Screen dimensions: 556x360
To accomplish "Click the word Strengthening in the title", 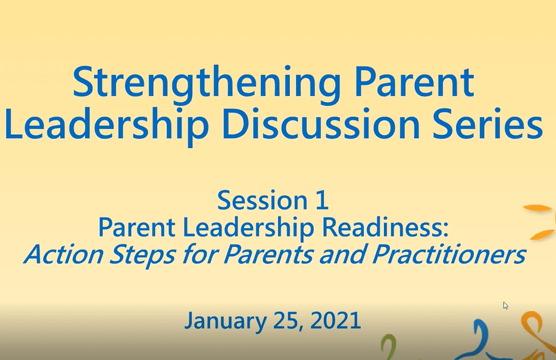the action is [206, 84].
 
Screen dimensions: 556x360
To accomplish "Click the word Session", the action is [262, 200].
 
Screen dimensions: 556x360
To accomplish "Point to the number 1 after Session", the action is [322, 200].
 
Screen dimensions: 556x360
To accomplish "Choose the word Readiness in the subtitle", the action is [385, 227].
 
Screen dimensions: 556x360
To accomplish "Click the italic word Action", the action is [64, 255].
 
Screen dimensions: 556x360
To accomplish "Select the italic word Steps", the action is [142, 255].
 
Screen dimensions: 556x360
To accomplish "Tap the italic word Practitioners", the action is [449, 255].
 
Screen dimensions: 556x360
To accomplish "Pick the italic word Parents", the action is [268, 255].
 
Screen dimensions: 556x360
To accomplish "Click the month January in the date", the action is [225, 321].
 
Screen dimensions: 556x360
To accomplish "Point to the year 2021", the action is [336, 320].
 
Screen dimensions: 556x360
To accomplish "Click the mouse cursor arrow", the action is [506, 305].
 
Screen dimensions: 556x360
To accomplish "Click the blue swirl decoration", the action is [479, 339].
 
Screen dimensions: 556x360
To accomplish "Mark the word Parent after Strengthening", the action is [414, 84].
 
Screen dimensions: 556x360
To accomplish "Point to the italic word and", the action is [343, 255].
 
